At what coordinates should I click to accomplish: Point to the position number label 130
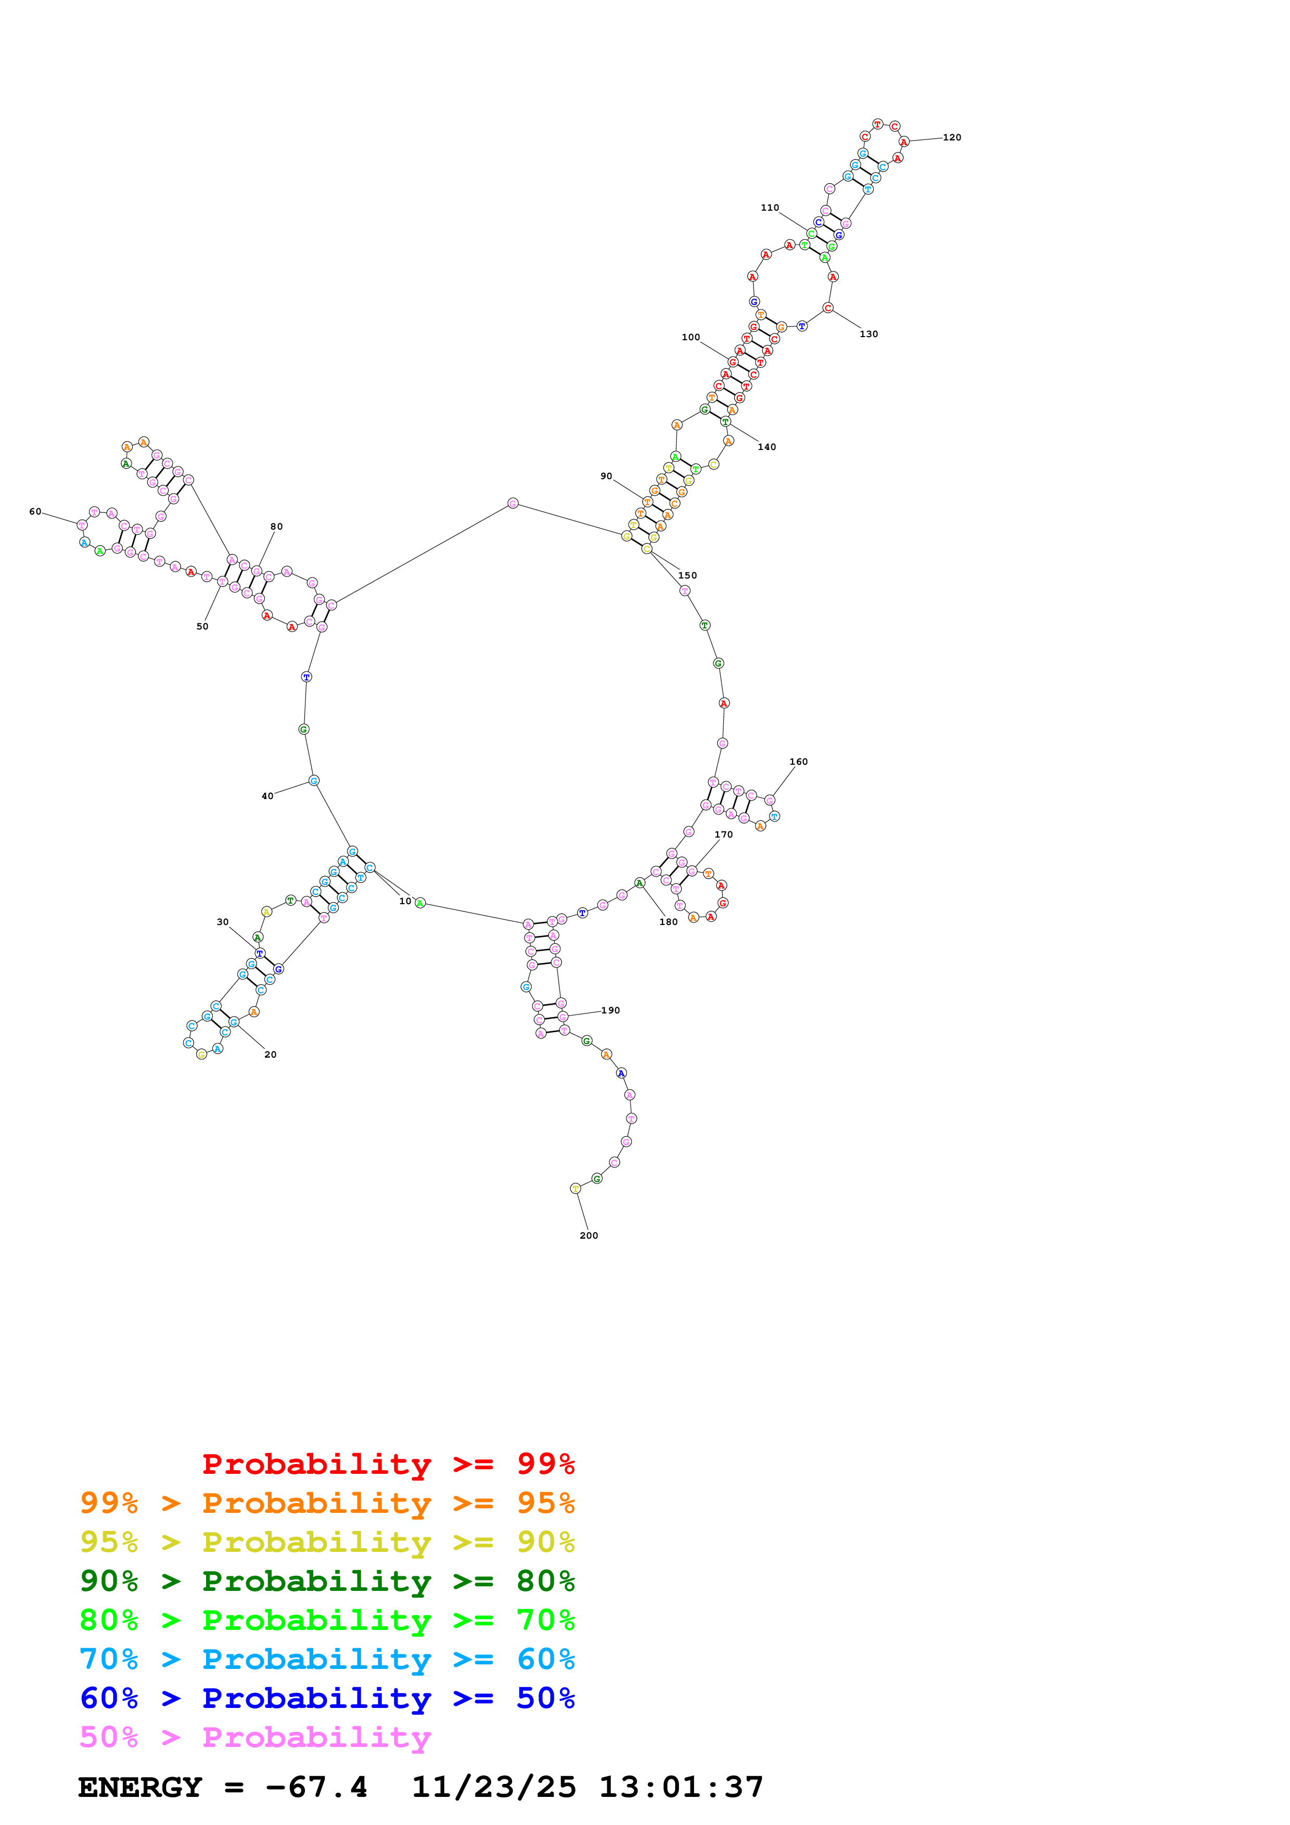[868, 334]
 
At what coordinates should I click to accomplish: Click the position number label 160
[798, 762]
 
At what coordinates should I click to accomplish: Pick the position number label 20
[270, 1054]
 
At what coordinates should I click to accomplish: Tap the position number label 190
[610, 1010]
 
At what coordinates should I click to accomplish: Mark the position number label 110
[770, 208]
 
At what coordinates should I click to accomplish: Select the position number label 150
[687, 575]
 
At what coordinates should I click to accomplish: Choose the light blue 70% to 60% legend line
[327, 1659]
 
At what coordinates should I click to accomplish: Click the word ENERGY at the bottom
[140, 1787]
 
